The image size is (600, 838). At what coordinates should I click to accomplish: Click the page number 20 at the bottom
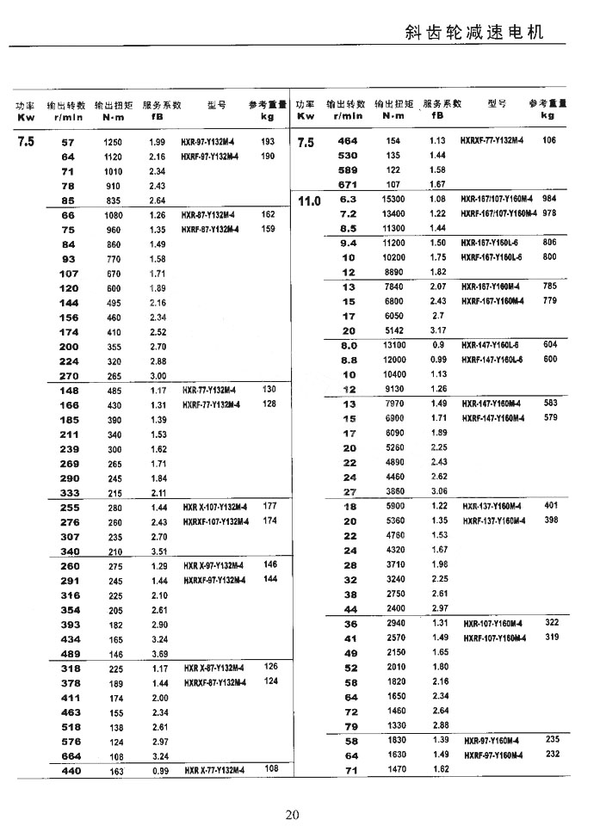click(292, 815)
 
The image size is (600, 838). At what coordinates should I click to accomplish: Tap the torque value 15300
click(393, 199)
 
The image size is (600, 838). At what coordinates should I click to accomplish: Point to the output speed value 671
click(347, 184)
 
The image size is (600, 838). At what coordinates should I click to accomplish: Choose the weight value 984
click(549, 199)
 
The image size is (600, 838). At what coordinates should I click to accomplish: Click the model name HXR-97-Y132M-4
click(210, 142)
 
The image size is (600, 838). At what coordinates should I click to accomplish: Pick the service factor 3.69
click(158, 654)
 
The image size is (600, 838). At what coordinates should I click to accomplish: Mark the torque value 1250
click(113, 142)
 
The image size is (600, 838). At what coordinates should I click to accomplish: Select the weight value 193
click(267, 141)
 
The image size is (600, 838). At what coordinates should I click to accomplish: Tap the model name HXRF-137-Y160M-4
click(494, 521)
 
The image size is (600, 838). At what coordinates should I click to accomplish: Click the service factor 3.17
click(438, 330)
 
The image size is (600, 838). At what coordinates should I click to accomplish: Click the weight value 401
click(551, 506)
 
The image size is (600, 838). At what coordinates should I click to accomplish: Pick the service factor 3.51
click(158, 551)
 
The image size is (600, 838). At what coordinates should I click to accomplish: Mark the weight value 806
click(549, 243)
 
